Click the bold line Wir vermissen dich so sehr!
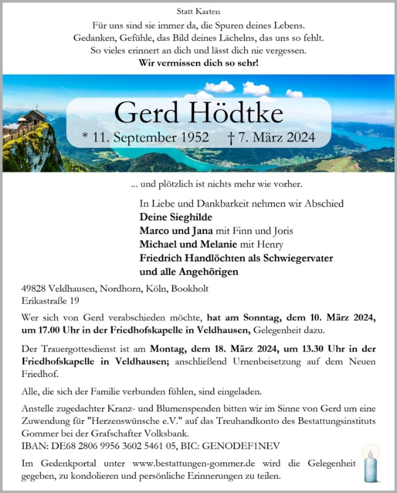tap(198, 62)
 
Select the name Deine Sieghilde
tap(176, 217)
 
